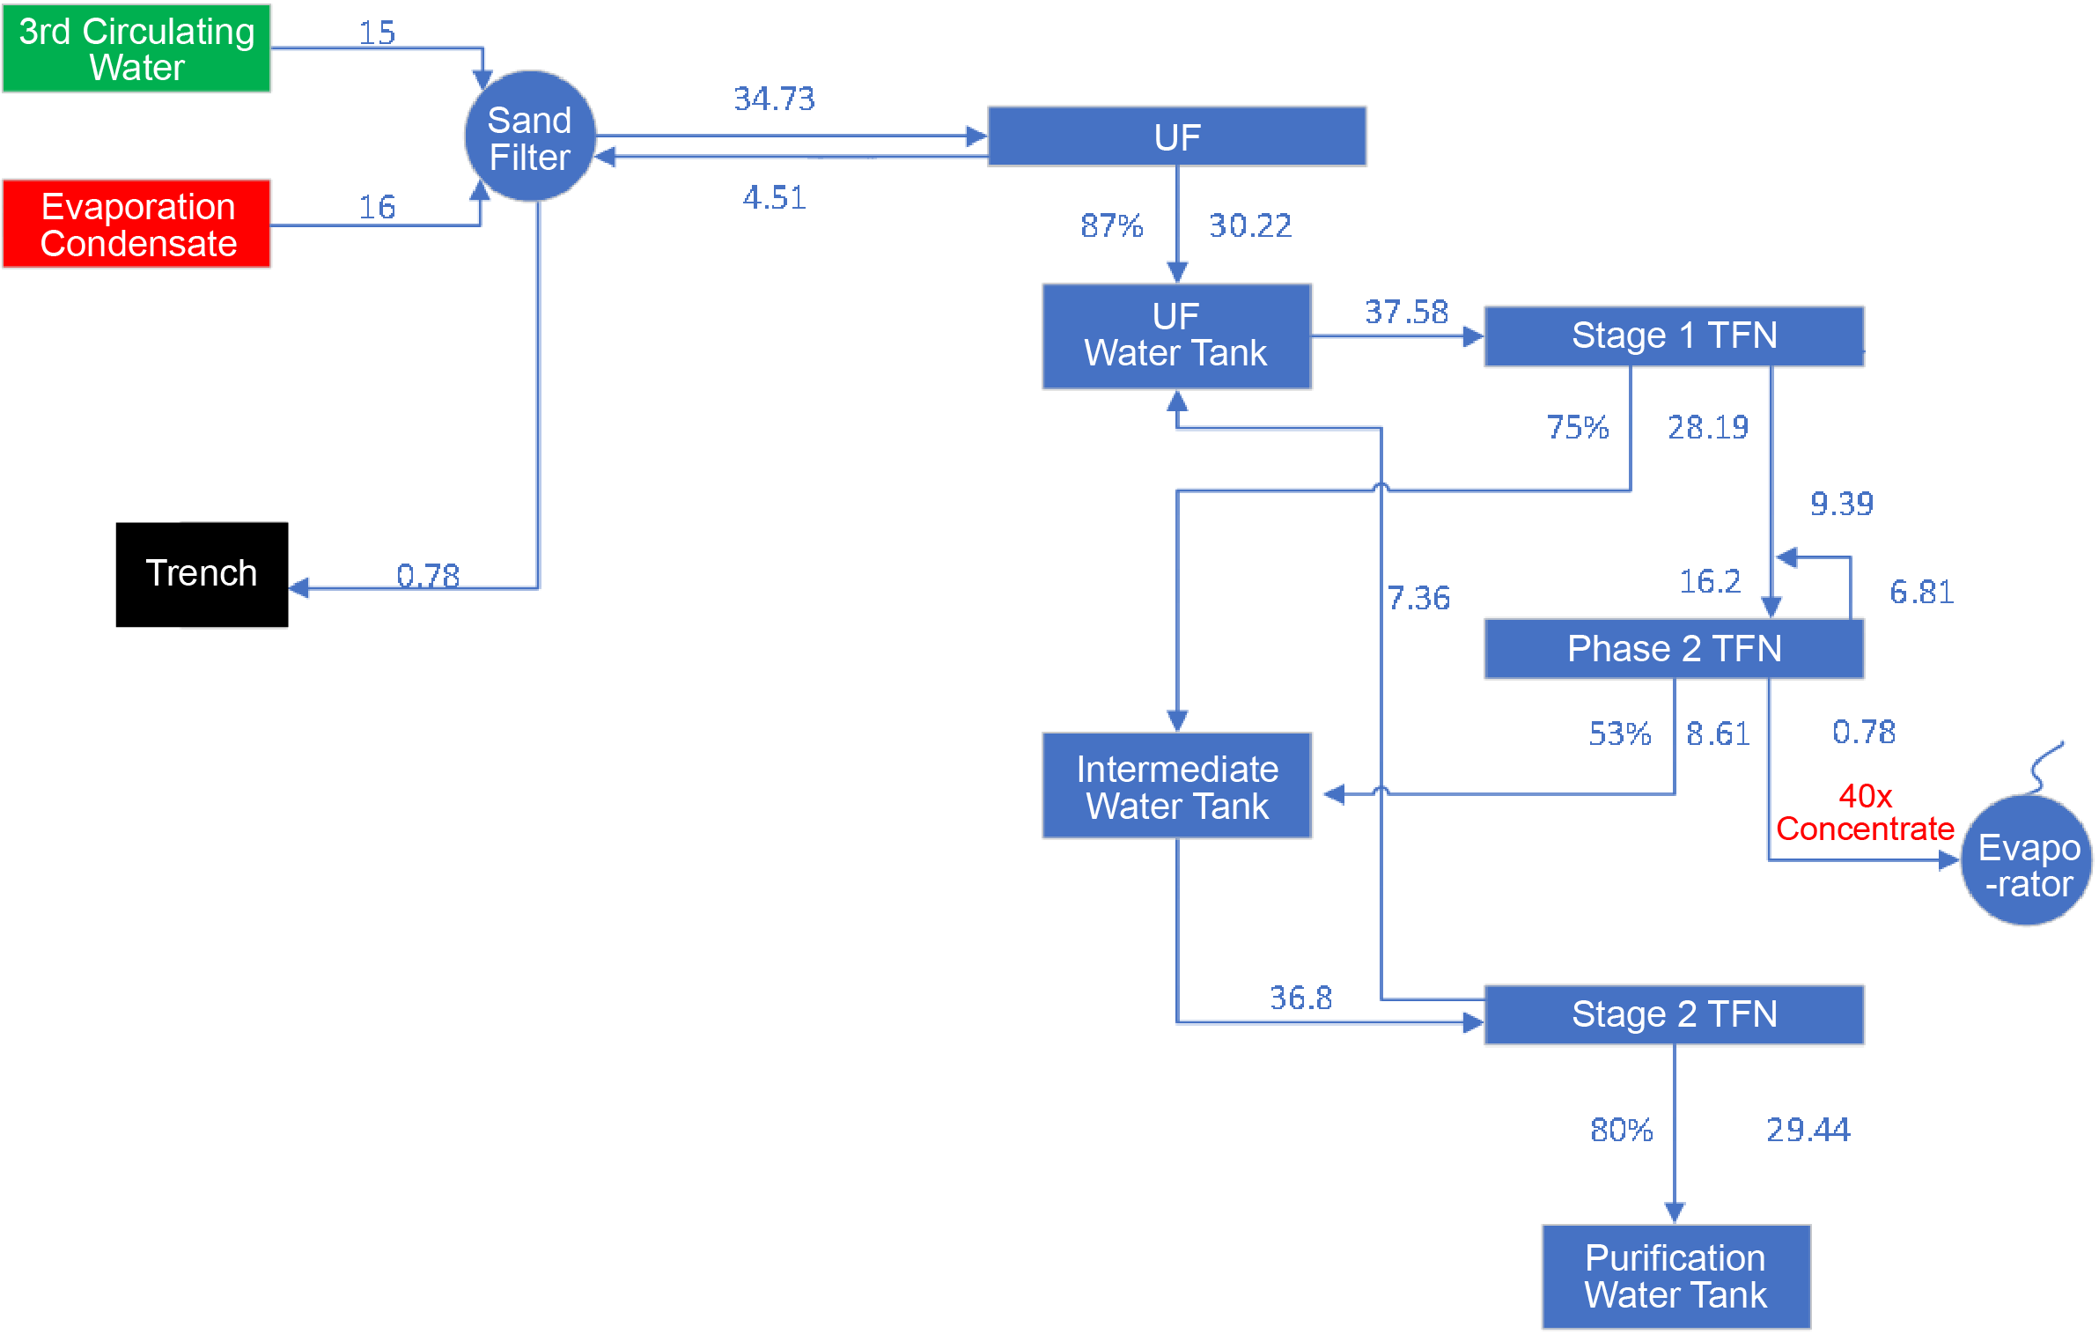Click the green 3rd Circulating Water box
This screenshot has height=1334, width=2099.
click(136, 48)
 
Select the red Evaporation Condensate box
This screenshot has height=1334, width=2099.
click(136, 225)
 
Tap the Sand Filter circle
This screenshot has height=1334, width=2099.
click(530, 137)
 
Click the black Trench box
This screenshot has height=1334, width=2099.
click(202, 574)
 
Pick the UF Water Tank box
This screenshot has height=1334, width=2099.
click(1176, 335)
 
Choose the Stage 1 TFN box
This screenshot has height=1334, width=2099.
click(1674, 335)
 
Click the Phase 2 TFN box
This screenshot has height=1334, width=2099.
click(1674, 649)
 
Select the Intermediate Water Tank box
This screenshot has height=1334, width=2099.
click(1176, 786)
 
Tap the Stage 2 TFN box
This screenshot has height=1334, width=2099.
click(1674, 1014)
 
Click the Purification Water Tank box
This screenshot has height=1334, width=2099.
click(1676, 1276)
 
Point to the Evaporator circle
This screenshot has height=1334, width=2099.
click(2028, 861)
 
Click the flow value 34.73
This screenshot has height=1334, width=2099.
click(774, 99)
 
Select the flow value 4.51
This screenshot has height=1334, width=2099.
click(774, 197)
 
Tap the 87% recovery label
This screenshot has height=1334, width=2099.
click(1111, 226)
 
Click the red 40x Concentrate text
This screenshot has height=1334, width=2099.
click(1865, 813)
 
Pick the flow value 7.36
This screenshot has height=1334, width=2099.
click(1418, 599)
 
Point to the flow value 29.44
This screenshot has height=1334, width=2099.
click(1808, 1130)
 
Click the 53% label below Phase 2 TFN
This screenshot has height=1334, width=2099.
click(1619, 733)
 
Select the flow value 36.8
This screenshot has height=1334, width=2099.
click(1300, 998)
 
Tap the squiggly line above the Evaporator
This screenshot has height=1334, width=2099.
click(2046, 767)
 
